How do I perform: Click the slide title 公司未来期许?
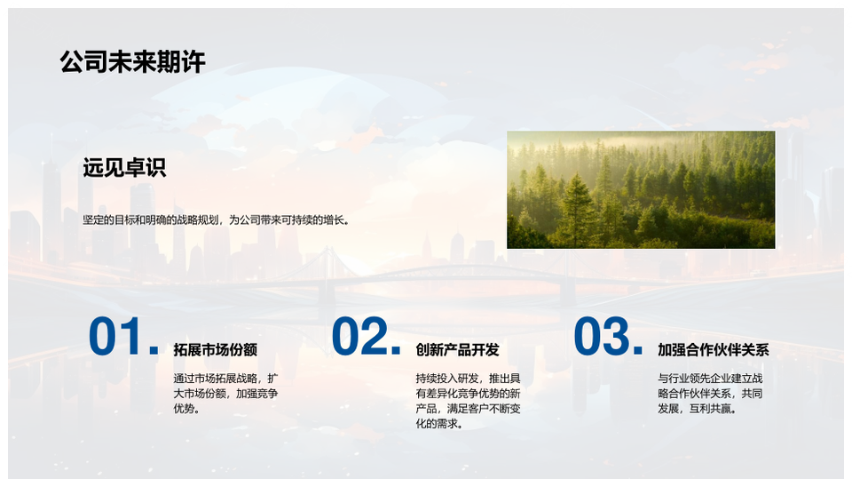[132, 61]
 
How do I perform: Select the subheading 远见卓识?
[124, 168]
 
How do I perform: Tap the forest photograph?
[641, 190]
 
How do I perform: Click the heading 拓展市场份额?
[215, 350]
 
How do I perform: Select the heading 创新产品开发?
[458, 350]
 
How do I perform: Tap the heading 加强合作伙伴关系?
[714, 350]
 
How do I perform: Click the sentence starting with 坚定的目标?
[217, 220]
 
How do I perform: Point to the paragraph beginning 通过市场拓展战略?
[226, 394]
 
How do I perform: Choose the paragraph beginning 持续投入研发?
[469, 401]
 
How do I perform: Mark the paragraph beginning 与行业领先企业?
[711, 394]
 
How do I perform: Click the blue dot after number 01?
[154, 351]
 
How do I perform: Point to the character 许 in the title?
[194, 61]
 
